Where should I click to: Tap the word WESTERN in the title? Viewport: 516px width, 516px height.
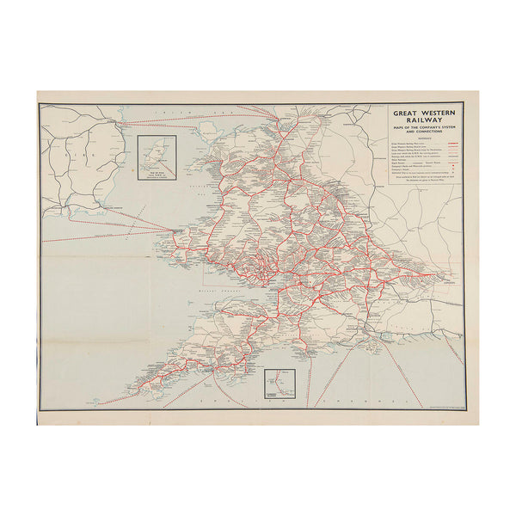coord(435,111)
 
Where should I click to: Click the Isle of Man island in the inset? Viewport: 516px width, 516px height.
coord(158,155)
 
